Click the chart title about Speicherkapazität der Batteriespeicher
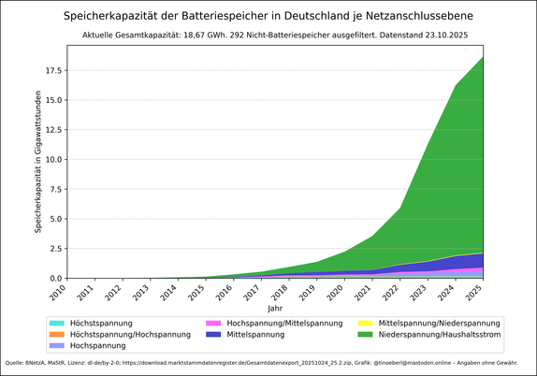point(268,16)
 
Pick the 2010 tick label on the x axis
point(59,293)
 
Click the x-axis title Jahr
point(274,308)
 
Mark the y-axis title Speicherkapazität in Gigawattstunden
point(38,162)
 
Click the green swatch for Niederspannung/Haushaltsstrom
point(364,334)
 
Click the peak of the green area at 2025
point(483,58)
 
